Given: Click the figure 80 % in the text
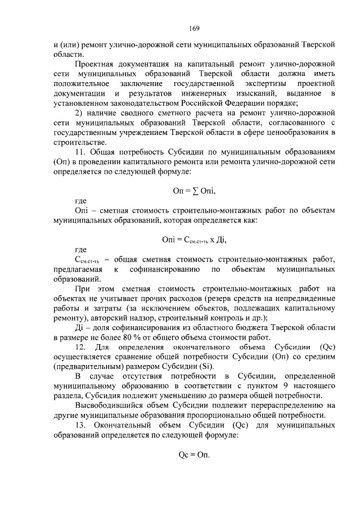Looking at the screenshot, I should click(x=164, y=337).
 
